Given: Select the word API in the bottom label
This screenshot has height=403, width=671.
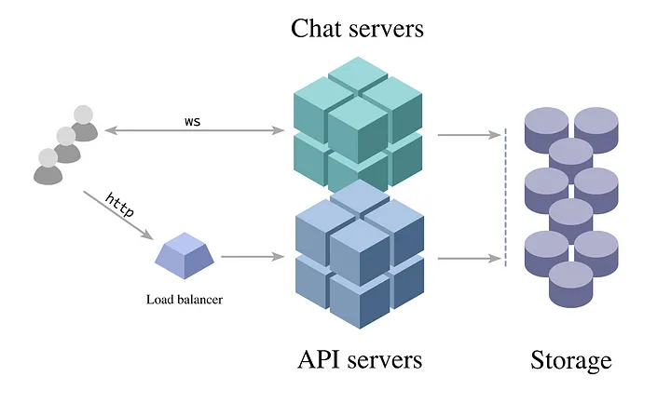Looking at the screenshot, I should coord(319,359).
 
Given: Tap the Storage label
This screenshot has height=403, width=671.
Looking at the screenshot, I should coord(571,360).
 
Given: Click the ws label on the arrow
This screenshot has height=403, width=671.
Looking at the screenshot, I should coord(192,121).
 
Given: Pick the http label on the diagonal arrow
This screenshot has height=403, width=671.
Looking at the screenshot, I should coord(119,205).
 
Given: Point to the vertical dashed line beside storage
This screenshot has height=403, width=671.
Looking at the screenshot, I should coord(506,195).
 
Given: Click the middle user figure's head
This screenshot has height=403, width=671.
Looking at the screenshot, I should coord(65,136).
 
